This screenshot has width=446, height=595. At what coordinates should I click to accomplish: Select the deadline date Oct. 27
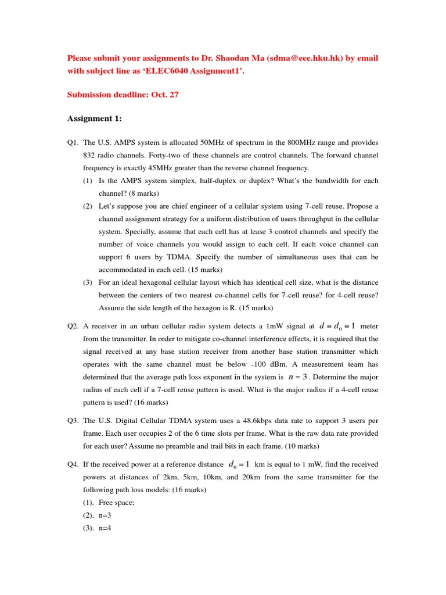tap(165, 95)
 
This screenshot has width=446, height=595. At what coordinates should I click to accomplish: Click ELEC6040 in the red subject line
tap(165, 71)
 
